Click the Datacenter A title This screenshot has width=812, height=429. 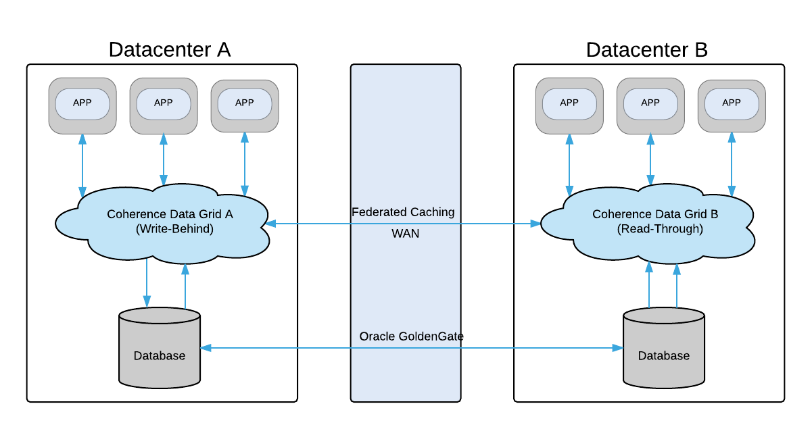tap(169, 50)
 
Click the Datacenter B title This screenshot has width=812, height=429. tap(646, 50)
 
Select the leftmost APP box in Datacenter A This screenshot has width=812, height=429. tap(82, 104)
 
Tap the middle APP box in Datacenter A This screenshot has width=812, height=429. tap(164, 104)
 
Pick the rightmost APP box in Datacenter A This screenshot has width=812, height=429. tap(245, 104)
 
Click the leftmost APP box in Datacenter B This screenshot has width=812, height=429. tap(569, 104)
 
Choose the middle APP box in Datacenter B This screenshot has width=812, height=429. tap(650, 104)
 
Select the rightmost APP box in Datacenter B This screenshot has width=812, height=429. tap(732, 104)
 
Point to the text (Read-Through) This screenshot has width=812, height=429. tap(660, 230)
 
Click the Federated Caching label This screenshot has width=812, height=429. tap(403, 212)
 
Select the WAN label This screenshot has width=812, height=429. tap(405, 234)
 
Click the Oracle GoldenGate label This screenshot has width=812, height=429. tap(411, 336)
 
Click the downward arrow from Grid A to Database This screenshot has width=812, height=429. tap(147, 284)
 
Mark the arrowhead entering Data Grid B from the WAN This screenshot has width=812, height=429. tap(535, 223)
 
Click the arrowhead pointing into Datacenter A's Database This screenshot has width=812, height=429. tap(206, 348)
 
